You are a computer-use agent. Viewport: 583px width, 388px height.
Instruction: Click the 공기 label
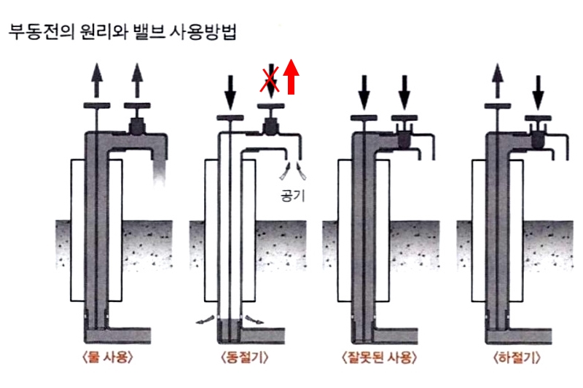(x=292, y=196)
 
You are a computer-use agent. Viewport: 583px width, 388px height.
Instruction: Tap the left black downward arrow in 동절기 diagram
(x=228, y=89)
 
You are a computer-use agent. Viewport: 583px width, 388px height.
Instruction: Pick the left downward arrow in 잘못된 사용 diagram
(x=364, y=89)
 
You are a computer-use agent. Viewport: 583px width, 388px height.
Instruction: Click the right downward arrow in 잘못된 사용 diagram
(x=404, y=89)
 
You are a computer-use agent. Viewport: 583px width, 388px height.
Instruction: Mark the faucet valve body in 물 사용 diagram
(x=137, y=127)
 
